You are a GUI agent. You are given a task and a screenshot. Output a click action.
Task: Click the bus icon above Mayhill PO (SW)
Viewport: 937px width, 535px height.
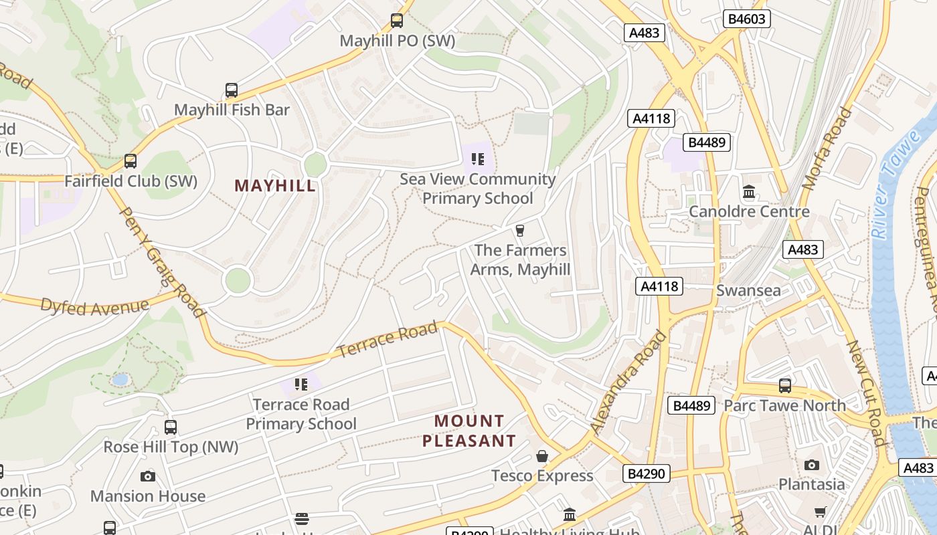click(397, 21)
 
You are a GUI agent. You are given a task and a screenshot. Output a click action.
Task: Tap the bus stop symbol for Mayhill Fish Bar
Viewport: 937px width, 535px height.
click(231, 90)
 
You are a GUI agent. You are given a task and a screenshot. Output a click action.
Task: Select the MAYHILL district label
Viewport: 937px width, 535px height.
click(275, 186)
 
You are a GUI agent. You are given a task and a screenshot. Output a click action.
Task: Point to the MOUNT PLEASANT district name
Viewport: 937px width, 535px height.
click(469, 431)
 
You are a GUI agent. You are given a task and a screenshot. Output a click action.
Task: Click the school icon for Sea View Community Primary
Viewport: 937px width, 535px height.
click(477, 159)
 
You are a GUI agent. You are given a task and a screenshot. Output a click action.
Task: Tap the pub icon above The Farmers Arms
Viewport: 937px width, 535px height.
click(519, 231)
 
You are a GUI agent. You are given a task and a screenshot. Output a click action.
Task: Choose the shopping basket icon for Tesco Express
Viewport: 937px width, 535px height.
click(542, 456)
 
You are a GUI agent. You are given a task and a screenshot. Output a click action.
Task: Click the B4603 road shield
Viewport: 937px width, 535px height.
click(746, 19)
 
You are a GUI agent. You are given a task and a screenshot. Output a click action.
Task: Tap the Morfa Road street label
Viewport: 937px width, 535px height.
click(828, 149)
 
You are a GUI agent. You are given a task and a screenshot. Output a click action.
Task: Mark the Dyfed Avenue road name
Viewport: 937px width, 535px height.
click(94, 306)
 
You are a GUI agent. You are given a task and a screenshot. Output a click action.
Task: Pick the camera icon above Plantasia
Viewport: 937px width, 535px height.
click(811, 465)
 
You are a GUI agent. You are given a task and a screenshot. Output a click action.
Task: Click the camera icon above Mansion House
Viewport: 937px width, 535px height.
click(148, 476)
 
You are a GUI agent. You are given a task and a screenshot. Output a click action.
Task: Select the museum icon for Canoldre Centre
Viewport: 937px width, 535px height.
click(749, 193)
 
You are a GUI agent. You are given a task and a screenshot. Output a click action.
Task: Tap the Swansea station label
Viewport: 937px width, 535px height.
click(748, 291)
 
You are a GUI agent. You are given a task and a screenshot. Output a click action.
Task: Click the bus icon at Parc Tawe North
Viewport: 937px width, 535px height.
click(784, 386)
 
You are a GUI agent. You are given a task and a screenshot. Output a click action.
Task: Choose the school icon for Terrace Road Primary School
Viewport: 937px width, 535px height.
click(301, 385)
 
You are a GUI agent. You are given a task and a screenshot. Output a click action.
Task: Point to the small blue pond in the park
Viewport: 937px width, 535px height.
click(120, 380)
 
